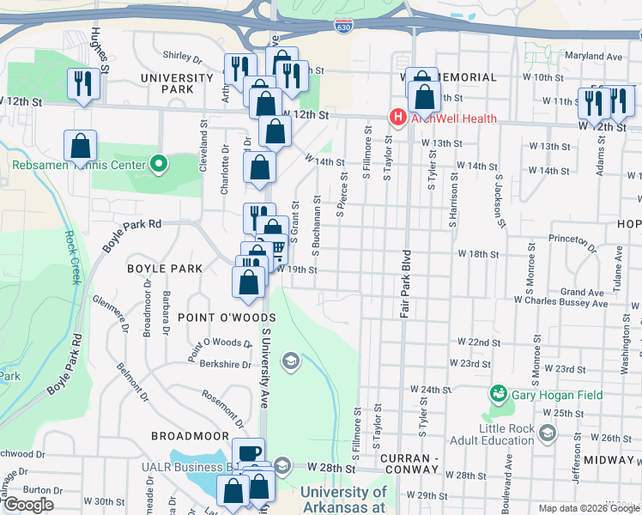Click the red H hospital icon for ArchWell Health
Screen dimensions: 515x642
pyautogui.click(x=397, y=117)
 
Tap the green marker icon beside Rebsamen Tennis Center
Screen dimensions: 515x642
pyautogui.click(x=158, y=162)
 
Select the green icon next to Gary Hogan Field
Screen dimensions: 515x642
pyautogui.click(x=496, y=394)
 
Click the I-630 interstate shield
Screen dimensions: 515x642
pyautogui.click(x=343, y=27)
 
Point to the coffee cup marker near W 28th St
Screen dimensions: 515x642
pyautogui.click(x=249, y=453)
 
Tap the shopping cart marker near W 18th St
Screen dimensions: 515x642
pyautogui.click(x=276, y=248)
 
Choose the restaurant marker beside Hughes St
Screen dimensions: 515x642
pyautogui.click(x=82, y=83)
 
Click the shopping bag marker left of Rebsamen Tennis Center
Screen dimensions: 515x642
pyautogui.click(x=81, y=145)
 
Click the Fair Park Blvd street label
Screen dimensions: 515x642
pyautogui.click(x=405, y=284)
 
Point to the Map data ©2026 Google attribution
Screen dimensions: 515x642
pyautogui.click(x=588, y=508)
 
